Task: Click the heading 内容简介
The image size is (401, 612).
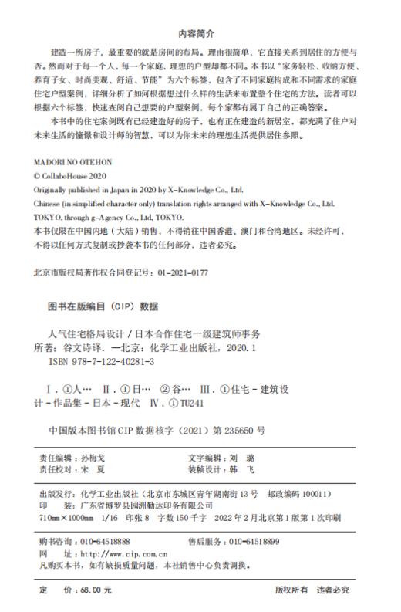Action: tap(200, 33)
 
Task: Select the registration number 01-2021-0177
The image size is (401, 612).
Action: tap(182, 273)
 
